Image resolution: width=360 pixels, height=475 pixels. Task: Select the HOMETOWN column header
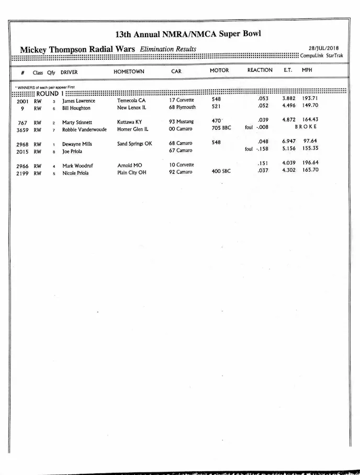pos(129,72)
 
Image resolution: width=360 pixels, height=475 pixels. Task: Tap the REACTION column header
pos(260,70)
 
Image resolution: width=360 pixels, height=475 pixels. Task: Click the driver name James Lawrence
pos(78,100)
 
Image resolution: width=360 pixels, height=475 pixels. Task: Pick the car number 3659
pos(22,130)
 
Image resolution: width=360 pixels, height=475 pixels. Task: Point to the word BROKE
pos(306,127)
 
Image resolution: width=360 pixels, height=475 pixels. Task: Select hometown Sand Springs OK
pos(134,143)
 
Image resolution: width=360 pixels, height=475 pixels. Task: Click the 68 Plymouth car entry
pos(182,107)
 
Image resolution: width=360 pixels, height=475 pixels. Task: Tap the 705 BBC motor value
pos(222,128)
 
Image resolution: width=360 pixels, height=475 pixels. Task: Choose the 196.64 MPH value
pos(310,163)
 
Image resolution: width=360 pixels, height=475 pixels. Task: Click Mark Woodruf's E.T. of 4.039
pos(289,163)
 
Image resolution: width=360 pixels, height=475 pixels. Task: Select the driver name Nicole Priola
pos(75,173)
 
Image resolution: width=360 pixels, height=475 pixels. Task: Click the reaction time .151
pos(263,163)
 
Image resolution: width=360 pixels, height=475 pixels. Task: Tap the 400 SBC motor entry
pos(222,171)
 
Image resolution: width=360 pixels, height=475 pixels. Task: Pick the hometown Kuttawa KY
pos(129,122)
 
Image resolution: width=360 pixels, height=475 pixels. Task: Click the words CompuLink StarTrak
pos(321,55)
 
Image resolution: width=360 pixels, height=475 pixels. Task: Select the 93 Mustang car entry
pos(181,122)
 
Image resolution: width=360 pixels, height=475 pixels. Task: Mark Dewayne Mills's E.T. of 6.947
pos(289,141)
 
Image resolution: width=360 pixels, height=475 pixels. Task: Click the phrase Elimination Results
pos(168,49)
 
